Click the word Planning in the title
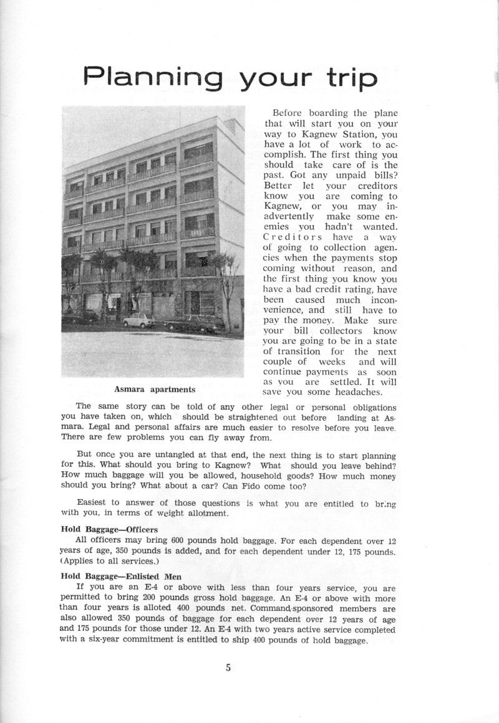[153, 77]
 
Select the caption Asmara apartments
[155, 390]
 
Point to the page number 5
[229, 668]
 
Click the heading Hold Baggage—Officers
[109, 530]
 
